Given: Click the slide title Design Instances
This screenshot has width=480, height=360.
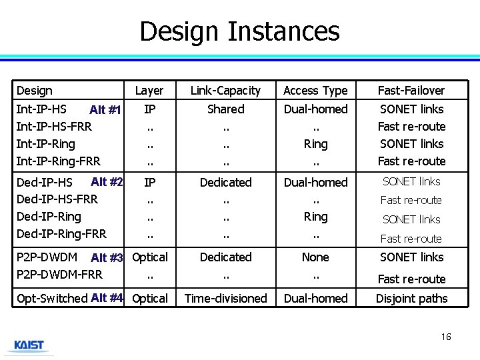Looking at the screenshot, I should [x=239, y=31].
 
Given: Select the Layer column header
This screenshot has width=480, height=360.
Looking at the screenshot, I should [x=149, y=91].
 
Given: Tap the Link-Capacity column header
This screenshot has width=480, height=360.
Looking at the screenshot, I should [x=225, y=91].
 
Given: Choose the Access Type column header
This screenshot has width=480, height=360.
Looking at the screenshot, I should [x=315, y=91].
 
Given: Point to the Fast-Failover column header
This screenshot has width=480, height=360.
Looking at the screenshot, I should [x=411, y=91].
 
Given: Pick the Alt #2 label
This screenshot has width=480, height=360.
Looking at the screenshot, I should [x=107, y=182].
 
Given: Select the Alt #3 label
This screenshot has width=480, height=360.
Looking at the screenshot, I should [x=107, y=258].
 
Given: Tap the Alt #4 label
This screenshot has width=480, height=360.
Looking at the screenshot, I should [x=107, y=298].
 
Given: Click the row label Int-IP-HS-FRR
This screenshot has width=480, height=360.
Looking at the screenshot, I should [x=54, y=127].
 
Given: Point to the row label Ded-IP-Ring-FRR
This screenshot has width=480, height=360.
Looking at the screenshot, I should [x=61, y=234].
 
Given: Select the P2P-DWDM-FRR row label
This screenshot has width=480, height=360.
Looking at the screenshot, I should [x=59, y=275].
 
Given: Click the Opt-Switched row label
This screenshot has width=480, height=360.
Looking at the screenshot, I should [x=52, y=299].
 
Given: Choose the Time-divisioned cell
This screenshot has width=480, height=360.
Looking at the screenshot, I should [x=225, y=299].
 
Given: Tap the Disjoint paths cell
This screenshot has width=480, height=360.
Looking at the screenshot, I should [x=411, y=299].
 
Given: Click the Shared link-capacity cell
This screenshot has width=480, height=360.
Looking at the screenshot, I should [x=225, y=109].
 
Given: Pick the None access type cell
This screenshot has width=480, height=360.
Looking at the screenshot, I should [x=315, y=257].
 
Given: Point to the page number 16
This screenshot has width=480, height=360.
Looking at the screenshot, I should [x=446, y=337].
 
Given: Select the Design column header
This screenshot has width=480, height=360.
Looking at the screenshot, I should [x=35, y=91].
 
